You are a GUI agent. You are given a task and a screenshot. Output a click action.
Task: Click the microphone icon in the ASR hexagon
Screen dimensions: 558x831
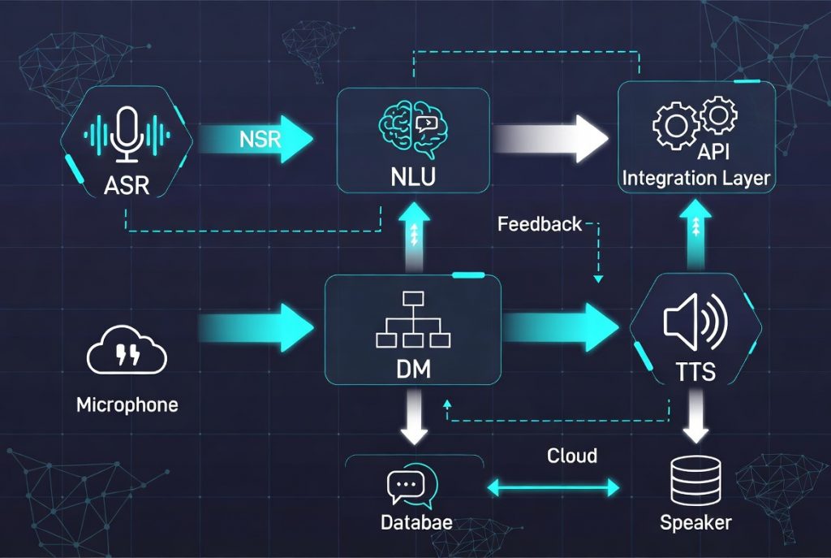(x=127, y=135)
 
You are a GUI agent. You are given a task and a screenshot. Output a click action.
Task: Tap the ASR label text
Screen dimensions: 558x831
(x=127, y=186)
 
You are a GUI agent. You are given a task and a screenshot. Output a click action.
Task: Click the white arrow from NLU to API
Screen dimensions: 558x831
(x=551, y=133)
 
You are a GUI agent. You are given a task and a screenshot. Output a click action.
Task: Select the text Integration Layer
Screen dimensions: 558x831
(x=697, y=177)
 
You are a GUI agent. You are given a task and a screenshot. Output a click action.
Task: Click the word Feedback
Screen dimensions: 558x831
(x=540, y=224)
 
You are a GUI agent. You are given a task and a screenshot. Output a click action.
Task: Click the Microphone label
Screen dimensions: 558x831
(x=127, y=404)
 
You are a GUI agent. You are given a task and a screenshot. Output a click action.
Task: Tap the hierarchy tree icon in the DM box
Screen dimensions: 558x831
(x=413, y=321)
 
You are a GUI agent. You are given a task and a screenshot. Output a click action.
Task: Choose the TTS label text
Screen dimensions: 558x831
(x=695, y=372)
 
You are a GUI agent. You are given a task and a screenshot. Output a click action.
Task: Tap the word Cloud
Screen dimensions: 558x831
(x=571, y=455)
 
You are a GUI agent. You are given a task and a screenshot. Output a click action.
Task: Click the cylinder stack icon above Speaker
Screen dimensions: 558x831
(x=695, y=482)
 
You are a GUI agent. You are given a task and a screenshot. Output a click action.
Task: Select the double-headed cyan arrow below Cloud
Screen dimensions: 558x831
(x=552, y=487)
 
